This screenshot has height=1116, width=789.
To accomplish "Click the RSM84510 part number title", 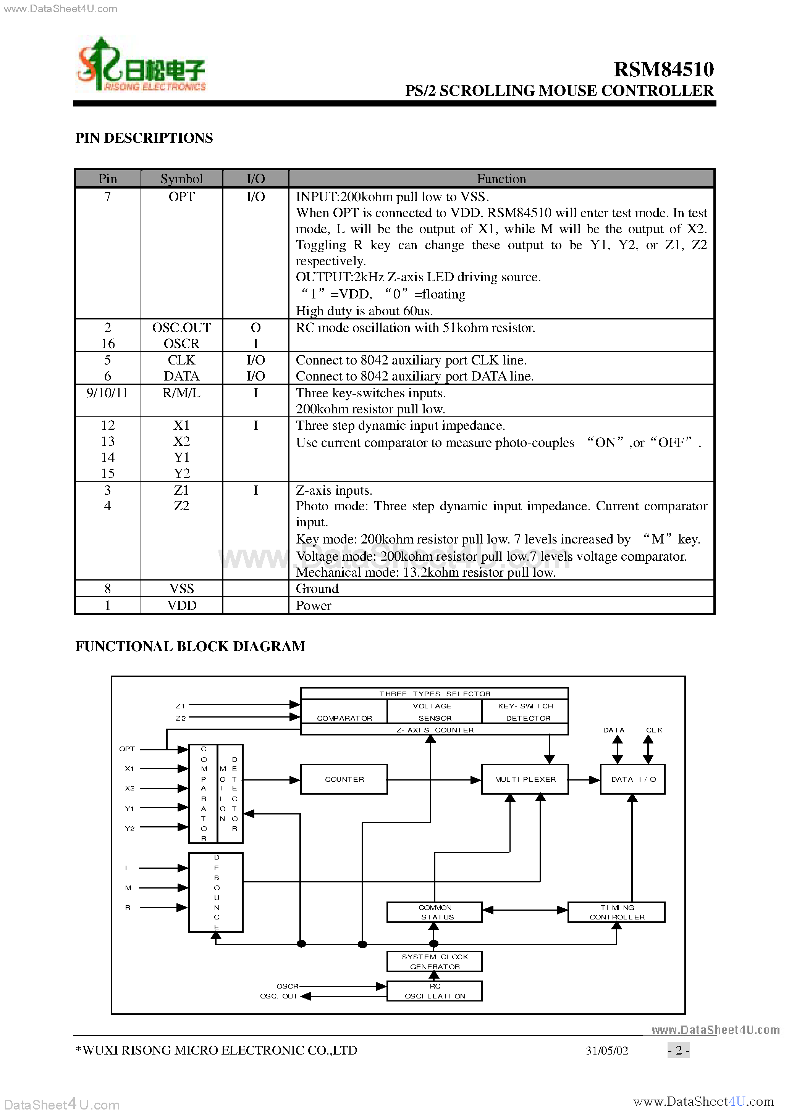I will click(663, 69).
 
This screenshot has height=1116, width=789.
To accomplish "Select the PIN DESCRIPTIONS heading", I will click(144, 138).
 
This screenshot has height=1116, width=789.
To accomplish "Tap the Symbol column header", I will click(181, 179).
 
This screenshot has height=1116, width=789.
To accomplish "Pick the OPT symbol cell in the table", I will click(181, 197).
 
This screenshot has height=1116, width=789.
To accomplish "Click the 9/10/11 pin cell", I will click(107, 393).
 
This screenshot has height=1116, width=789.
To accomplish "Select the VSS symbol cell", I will click(181, 589).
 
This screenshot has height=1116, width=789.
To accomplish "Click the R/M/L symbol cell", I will click(181, 393).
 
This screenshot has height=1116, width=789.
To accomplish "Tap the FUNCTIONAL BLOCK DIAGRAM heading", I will click(190, 646).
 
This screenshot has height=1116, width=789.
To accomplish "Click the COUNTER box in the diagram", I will click(344, 779).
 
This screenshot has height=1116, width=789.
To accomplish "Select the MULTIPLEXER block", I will click(525, 779).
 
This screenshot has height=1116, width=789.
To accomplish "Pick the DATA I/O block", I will click(632, 779).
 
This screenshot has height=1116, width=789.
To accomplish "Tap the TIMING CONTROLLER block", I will click(616, 912).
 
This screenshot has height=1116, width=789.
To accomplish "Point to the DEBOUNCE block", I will click(216, 892).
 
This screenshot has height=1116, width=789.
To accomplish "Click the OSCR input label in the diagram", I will click(287, 986).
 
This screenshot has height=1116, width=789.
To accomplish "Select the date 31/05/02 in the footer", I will click(606, 1051).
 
